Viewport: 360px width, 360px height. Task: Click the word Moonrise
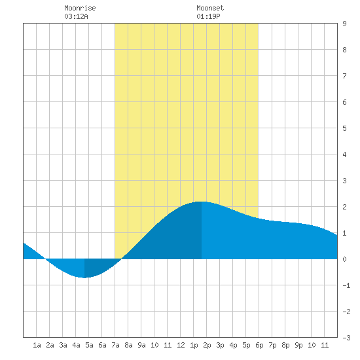tap(80, 8)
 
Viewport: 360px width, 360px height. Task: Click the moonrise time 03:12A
tap(76, 16)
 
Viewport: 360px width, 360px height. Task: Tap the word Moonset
tap(210, 8)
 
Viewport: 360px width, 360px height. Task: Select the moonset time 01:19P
tap(208, 16)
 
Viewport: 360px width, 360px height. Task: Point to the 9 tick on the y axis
tap(344, 24)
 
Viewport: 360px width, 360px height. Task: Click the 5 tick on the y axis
tap(344, 128)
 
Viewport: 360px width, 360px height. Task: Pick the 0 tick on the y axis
tap(344, 259)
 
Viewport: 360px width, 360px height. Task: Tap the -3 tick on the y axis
tap(346, 338)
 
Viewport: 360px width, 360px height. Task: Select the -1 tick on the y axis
tap(346, 285)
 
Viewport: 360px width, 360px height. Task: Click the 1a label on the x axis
tap(37, 345)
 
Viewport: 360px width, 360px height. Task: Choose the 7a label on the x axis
tap(115, 345)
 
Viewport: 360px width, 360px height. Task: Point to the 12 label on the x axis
tap(181, 345)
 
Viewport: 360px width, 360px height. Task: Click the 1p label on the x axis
tap(194, 345)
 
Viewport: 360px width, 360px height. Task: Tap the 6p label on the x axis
tap(259, 345)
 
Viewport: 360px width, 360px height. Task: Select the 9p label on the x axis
tap(298, 345)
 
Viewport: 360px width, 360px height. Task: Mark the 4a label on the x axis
tap(76, 345)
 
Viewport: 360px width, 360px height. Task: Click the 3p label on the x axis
tap(220, 345)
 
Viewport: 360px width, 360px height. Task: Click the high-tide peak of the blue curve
tap(202, 202)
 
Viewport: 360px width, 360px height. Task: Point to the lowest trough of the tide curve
tap(84, 278)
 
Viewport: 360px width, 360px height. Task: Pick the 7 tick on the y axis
tap(344, 76)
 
